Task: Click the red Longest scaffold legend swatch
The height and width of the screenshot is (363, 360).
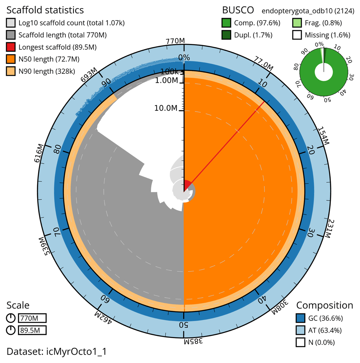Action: pyautogui.click(x=11, y=47)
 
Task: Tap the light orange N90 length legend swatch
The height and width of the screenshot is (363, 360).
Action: pyautogui.click(x=11, y=71)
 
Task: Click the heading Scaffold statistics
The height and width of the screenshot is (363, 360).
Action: pyautogui.click(x=45, y=10)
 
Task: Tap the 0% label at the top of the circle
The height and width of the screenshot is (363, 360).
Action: pyautogui.click(x=184, y=58)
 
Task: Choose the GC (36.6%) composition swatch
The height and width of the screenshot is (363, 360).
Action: pyautogui.click(x=301, y=318)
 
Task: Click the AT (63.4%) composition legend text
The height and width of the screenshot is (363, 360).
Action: pyautogui.click(x=325, y=330)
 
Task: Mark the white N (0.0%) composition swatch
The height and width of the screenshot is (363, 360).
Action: pyautogui.click(x=301, y=342)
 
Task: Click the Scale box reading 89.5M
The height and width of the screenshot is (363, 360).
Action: pyautogui.click(x=32, y=330)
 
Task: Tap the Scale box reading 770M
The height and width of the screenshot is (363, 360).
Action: pyautogui.click(x=32, y=318)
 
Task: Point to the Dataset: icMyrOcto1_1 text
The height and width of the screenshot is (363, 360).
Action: pyautogui.click(x=57, y=351)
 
